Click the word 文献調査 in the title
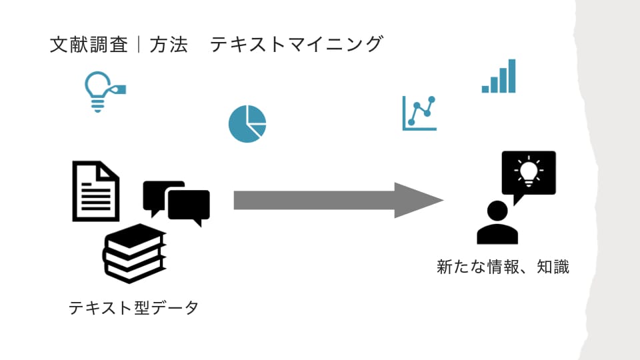(x=89, y=45)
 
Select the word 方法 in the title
(x=168, y=45)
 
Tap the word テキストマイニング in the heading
(x=297, y=44)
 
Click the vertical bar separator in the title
(x=139, y=45)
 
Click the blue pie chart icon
(x=247, y=124)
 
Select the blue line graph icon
(x=419, y=113)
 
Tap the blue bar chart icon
(x=499, y=76)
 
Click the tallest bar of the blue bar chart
(x=512, y=76)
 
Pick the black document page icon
(x=96, y=191)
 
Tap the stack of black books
(x=134, y=253)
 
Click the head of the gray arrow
(x=419, y=201)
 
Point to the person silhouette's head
(x=497, y=211)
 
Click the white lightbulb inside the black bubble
(x=529, y=171)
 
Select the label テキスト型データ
(x=133, y=307)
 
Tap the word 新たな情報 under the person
(x=478, y=267)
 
